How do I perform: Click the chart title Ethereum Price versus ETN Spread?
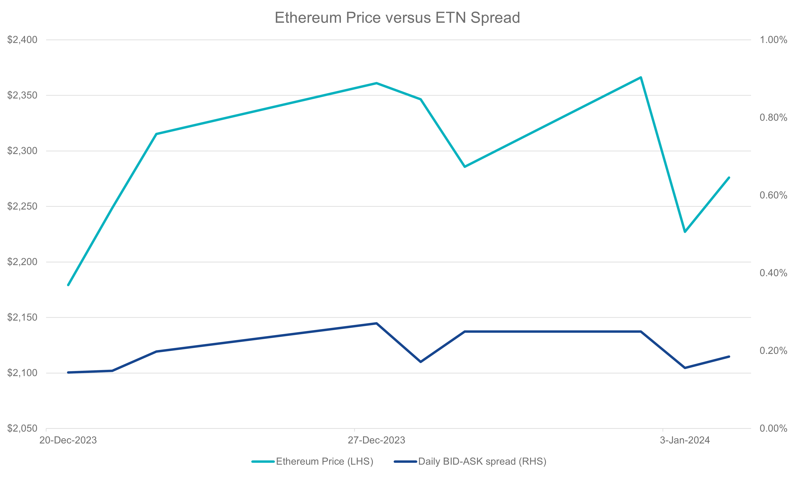[x=397, y=18]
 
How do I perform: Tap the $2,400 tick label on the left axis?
[x=22, y=40]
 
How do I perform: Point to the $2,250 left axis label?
[x=22, y=206]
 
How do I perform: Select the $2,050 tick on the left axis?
[x=22, y=428]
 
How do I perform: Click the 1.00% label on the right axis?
[x=773, y=40]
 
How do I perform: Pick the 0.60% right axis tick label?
[x=773, y=195]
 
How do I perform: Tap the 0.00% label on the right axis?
[x=773, y=428]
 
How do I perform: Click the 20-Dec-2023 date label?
[x=68, y=440]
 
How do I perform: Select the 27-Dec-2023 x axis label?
[x=376, y=440]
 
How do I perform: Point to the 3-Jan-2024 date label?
[x=685, y=440]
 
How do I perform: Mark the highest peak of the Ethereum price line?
[x=641, y=78]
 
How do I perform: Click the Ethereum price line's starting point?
[x=68, y=285]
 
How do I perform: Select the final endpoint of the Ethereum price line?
[x=729, y=177]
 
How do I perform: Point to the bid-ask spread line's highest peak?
[x=376, y=323]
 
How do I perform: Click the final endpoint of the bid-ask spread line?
[x=729, y=357]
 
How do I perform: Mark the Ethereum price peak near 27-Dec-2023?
[x=376, y=83]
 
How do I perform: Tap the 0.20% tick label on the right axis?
[x=773, y=350]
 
